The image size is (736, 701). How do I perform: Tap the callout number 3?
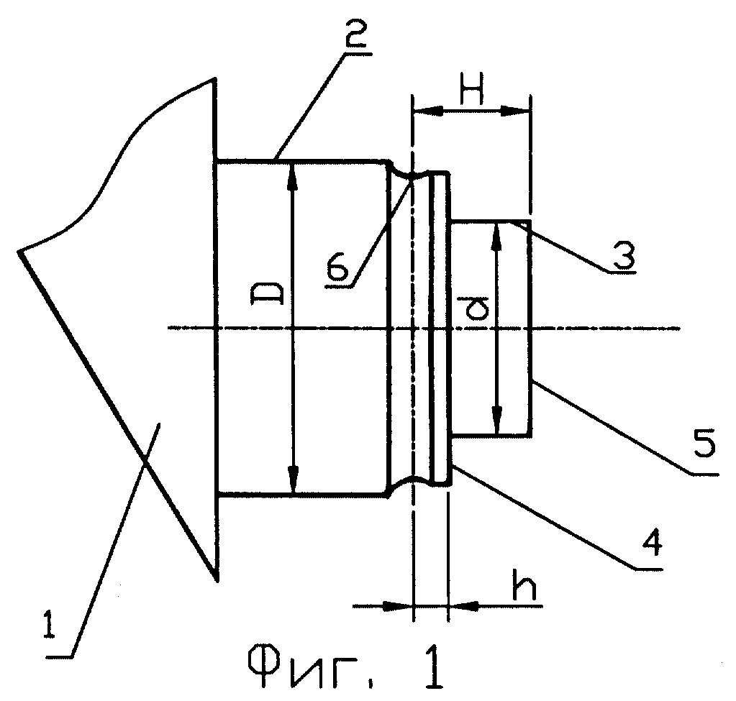(x=623, y=253)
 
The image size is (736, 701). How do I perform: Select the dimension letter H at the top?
(x=471, y=94)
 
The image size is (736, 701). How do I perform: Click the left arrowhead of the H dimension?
(x=427, y=111)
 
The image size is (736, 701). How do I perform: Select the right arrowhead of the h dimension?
(x=464, y=606)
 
